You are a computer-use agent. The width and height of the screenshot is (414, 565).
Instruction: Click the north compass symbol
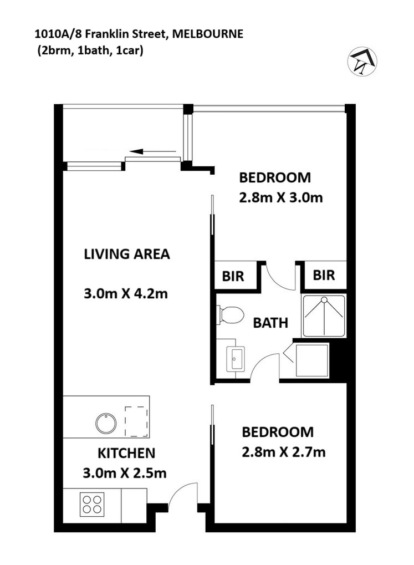point(362,62)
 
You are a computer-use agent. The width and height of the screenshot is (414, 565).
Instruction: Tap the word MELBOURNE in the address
point(208,34)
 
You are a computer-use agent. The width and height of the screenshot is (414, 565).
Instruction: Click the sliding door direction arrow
point(153,151)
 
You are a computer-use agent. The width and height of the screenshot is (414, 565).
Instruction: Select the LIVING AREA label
point(127,254)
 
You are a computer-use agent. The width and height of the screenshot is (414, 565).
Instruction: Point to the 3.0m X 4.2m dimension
point(126,294)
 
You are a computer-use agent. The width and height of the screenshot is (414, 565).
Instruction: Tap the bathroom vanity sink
point(235,359)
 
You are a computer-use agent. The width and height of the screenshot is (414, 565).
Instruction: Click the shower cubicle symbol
point(324,315)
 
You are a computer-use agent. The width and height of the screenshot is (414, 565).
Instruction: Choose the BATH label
point(270,323)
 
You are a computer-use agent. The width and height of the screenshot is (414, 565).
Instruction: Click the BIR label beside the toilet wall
point(233,276)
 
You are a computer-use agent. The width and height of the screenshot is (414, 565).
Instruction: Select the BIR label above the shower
point(324,276)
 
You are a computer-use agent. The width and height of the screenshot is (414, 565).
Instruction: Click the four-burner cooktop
point(91,504)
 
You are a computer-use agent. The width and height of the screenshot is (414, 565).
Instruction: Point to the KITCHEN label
point(126,454)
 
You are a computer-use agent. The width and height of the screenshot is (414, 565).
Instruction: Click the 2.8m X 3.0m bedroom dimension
point(280,197)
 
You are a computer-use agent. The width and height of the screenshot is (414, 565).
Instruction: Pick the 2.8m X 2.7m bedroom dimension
point(284,452)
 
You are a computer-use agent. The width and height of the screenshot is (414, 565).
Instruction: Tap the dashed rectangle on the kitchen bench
point(136,421)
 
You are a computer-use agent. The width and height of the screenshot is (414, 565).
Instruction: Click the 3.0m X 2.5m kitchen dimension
point(125,473)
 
